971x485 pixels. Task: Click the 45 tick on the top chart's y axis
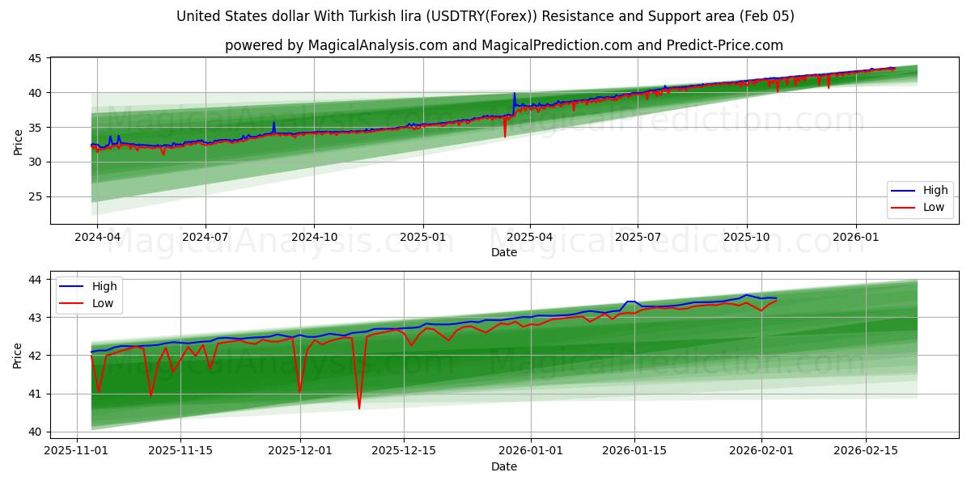(x=35, y=58)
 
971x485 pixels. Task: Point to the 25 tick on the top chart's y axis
(x=35, y=196)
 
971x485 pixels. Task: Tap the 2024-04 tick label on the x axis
(x=97, y=237)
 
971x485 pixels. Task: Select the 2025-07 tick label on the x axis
(x=638, y=237)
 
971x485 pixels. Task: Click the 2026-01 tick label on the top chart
(x=855, y=237)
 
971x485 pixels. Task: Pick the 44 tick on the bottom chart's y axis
(x=35, y=280)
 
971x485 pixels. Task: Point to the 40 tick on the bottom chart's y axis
(x=35, y=432)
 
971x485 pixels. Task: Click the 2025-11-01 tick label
(x=77, y=451)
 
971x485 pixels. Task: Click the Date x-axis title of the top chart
(x=503, y=252)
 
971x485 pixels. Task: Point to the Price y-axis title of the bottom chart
(x=18, y=355)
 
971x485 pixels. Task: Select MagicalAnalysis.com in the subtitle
(x=377, y=45)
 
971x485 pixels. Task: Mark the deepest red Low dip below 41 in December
(x=359, y=408)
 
